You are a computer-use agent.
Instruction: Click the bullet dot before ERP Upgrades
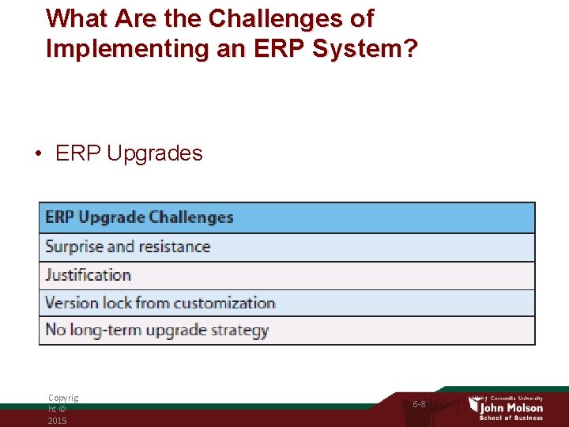38,153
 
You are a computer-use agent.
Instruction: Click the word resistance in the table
172,247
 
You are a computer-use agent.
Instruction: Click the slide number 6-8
419,404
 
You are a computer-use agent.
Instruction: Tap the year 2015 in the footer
57,421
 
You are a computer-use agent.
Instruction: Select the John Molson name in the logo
513,407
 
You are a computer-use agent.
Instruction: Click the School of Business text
511,418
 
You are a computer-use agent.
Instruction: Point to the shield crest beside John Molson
474,405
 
